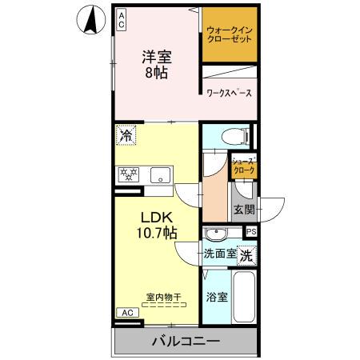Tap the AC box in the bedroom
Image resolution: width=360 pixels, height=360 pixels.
(122, 19)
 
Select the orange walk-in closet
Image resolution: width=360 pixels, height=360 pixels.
(230, 36)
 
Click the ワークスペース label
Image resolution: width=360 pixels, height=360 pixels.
(230, 94)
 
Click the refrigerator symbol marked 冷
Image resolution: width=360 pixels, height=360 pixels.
(125, 135)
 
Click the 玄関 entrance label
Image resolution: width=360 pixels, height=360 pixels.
(244, 210)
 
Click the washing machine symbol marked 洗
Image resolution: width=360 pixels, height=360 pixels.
(247, 257)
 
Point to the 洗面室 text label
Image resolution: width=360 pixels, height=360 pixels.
(218, 255)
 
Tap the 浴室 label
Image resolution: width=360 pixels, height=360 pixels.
(217, 298)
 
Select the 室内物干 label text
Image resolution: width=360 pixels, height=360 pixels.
(162, 298)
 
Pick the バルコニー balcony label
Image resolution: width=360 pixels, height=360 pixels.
(185, 342)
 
